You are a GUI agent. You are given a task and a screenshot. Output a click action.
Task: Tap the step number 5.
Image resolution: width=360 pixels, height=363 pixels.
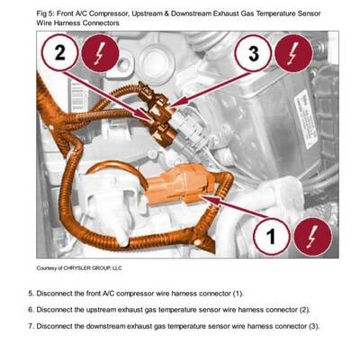pos(31,294)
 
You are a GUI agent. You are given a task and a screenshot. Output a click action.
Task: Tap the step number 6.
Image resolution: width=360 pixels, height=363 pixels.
pos(31,310)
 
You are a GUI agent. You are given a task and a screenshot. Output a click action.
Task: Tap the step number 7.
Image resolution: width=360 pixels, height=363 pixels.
pos(31,325)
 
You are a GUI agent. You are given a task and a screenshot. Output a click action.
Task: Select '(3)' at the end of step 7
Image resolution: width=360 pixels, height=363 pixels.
pos(313,325)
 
